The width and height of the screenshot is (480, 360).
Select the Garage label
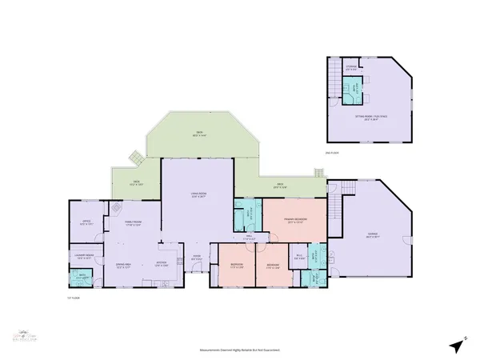pos(373,235)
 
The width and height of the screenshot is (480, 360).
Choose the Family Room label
pos(132,224)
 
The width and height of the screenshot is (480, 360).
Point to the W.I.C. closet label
pos(298,258)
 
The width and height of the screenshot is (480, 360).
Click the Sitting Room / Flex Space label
pos(368,118)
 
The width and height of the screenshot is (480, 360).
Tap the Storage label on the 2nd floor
pos(350,67)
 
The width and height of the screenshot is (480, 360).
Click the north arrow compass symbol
pos(457,345)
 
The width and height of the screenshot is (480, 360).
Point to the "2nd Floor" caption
pos(333,152)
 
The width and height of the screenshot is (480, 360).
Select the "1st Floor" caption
pos(74,298)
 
